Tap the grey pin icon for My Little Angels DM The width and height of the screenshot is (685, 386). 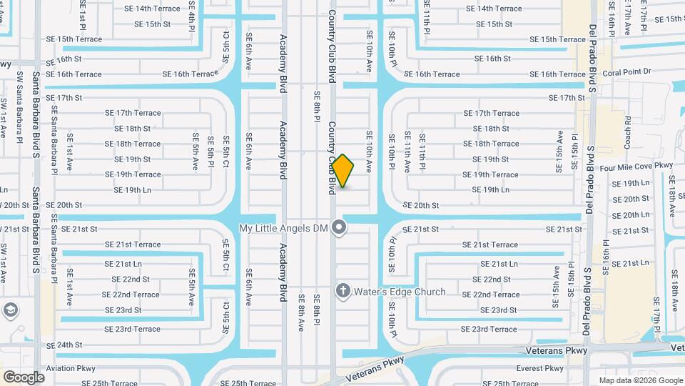point(340,228)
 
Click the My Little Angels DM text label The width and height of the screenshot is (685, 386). point(283,228)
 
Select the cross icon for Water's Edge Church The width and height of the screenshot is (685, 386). point(342,292)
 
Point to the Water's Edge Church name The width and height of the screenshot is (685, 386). point(399,292)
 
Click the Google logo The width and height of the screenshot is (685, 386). point(24,377)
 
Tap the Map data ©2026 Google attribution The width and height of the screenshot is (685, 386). point(641,380)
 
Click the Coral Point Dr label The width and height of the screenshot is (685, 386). point(627,71)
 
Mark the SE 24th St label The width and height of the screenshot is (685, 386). point(64,345)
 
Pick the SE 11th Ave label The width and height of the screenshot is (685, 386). point(407,152)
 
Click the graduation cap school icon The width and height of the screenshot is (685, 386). point(11,310)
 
